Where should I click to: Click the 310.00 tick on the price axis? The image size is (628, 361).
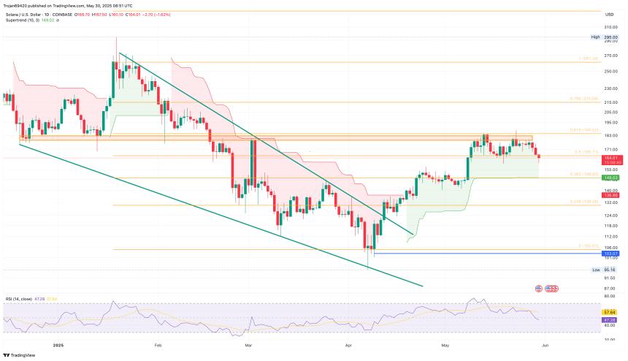click(610, 27)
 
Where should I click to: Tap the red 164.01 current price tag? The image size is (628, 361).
click(610, 158)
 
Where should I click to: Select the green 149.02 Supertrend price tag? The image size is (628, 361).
click(610, 177)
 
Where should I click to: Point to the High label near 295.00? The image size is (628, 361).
click(596, 37)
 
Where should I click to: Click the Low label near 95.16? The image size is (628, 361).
click(596, 269)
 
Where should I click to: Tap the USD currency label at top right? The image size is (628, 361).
click(608, 13)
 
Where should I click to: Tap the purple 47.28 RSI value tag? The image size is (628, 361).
click(610, 319)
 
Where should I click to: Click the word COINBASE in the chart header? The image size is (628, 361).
click(63, 13)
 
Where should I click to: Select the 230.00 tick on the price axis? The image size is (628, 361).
click(610, 88)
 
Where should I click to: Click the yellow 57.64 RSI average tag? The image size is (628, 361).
click(610, 313)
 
